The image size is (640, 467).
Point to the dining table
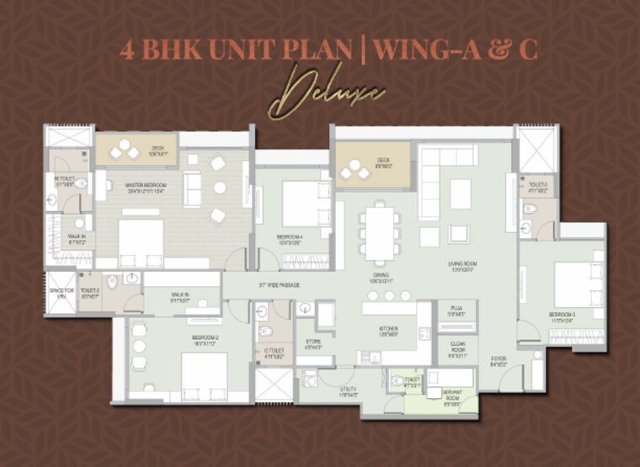tap(380, 234)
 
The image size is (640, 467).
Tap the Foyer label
tap(499, 363)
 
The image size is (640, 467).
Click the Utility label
tap(349, 391)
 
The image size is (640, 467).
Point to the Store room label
tap(312, 345)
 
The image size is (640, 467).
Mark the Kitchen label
tap(388, 332)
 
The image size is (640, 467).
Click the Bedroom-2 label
tap(205, 339)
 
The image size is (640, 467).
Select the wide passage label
tap(280, 285)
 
